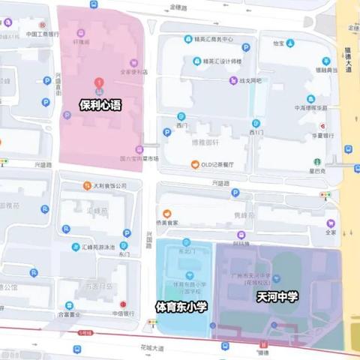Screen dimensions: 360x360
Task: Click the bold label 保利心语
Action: coord(100,106)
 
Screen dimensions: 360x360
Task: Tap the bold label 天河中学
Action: coord(277,297)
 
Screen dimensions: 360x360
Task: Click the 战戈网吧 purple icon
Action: coord(234,81)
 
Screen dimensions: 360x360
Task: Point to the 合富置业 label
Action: coord(68,316)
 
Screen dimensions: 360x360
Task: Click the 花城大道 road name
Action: coord(150,348)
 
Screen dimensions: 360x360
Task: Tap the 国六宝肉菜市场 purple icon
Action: coord(139,149)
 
